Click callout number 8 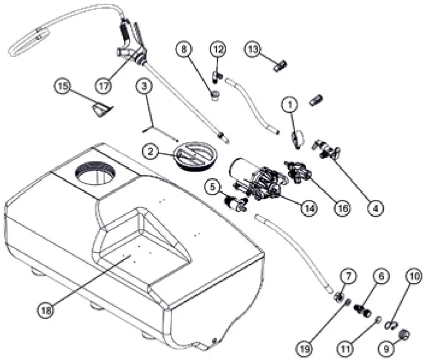pyautogui.click(x=184, y=49)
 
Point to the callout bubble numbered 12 pyautogui.click(x=218, y=49)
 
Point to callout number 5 pyautogui.click(x=214, y=187)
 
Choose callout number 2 pyautogui.click(x=152, y=153)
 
